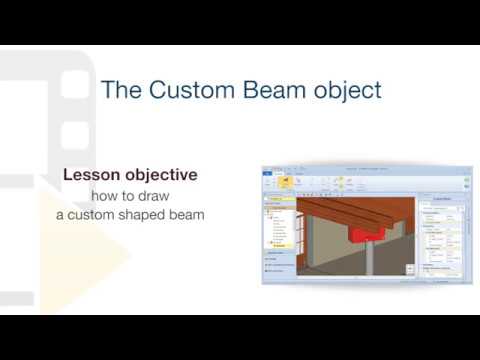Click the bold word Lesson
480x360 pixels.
click(92, 175)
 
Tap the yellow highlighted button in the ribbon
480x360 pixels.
click(284, 181)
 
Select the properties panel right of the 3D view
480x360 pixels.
click(443, 235)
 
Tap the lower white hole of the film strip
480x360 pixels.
click(75, 134)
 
